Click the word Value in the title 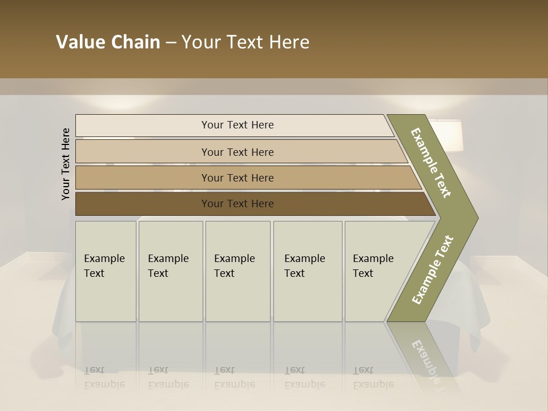79,42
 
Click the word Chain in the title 135,42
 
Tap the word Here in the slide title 288,42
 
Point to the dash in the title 171,43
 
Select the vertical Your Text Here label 66,164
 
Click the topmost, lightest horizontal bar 237,125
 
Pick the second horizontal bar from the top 237,152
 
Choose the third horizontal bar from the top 237,178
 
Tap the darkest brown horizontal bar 237,204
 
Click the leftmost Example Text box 106,271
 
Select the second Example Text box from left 170,271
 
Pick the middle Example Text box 237,271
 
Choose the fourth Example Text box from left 307,271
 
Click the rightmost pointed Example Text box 377,271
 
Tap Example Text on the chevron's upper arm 431,163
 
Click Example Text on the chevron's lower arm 432,270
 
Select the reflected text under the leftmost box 104,377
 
